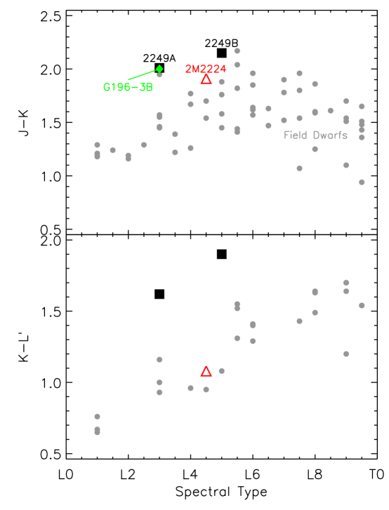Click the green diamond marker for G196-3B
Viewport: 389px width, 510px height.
pos(159,68)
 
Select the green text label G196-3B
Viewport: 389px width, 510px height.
pos(128,88)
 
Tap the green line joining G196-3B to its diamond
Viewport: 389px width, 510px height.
pos(143,74)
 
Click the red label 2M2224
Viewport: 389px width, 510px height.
pos(206,69)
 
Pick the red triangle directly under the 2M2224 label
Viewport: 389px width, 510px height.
pos(206,80)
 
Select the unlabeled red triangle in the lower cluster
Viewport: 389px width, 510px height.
pos(206,371)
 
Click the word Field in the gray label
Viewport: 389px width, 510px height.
pos(296,135)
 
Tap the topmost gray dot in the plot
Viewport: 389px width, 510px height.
pos(237,51)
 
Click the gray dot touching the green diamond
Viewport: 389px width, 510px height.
pos(159,74)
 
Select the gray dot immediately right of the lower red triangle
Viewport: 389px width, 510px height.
pos(222,370)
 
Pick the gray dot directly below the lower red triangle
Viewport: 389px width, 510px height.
pos(206,389)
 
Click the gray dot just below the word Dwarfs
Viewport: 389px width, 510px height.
pos(315,149)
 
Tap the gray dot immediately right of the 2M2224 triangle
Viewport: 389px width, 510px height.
pos(222,82)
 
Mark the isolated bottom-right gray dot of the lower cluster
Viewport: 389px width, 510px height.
pos(346,354)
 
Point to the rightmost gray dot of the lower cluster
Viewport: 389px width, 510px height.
pos(362,305)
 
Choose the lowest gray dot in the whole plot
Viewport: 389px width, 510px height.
pos(97,432)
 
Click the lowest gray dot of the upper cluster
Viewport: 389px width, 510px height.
pos(362,182)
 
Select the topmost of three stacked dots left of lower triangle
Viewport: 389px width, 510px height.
pos(159,359)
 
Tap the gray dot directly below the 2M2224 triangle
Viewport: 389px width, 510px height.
pos(206,101)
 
